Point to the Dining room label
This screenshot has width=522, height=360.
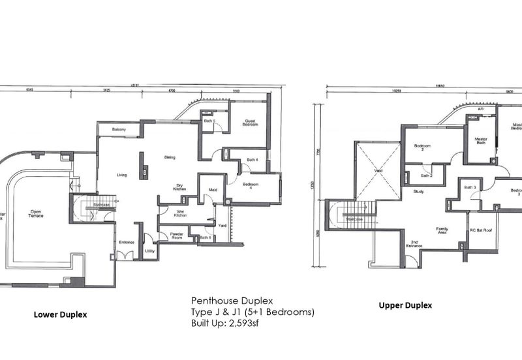(170, 157)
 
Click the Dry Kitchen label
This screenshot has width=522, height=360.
(181, 187)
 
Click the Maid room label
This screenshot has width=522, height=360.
(212, 190)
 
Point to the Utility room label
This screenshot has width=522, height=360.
(149, 251)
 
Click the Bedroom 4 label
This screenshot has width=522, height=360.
(252, 187)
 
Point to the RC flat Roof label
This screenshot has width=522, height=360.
(482, 231)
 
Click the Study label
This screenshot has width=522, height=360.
(418, 192)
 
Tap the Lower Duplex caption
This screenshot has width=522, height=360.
(60, 314)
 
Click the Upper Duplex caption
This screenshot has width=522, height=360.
(405, 305)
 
